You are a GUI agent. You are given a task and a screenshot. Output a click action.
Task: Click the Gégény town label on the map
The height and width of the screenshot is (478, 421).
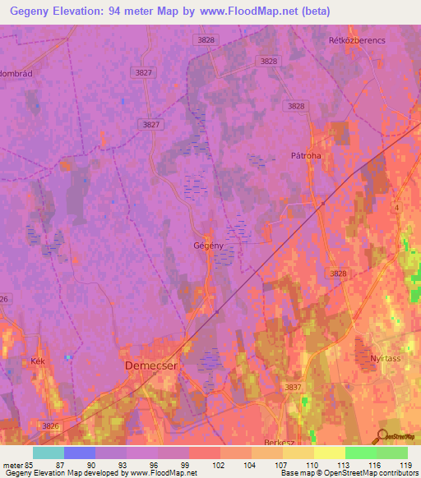tap(208, 246)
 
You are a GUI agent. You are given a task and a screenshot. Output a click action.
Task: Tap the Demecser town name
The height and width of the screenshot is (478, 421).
tap(150, 366)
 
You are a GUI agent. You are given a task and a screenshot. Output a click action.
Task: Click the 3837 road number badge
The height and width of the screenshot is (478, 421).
tap(294, 387)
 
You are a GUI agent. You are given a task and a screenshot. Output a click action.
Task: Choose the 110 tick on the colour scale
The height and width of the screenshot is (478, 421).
tap(313, 464)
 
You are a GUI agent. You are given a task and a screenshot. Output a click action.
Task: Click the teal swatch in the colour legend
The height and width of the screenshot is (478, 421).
tap(49, 453)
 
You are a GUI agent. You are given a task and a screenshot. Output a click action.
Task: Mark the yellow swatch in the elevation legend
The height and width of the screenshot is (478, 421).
tap(329, 453)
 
